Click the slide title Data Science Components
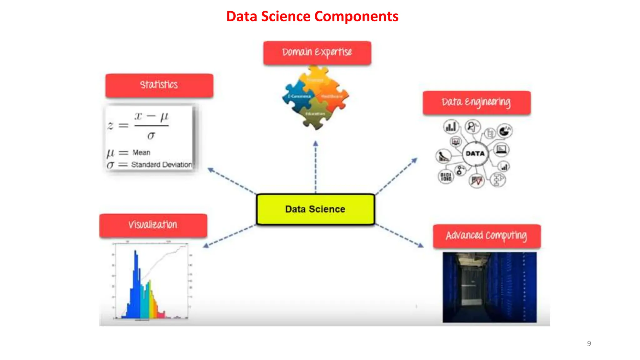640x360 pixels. tap(312, 16)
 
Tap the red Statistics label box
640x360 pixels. tap(159, 85)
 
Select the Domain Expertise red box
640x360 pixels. tap(317, 52)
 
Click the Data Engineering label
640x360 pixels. tap(477, 102)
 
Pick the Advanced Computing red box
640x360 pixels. tap(487, 236)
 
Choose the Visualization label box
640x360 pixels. tap(153, 225)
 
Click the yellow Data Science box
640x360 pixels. tap(315, 209)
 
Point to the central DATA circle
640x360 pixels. tap(475, 153)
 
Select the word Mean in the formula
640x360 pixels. tap(141, 152)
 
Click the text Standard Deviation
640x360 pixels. tap(161, 165)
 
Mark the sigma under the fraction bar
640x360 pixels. tap(151, 136)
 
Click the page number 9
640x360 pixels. tap(589, 343)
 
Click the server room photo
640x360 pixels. tap(489, 287)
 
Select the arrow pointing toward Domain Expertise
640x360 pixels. tap(316, 166)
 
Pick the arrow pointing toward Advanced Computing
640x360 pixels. tap(400, 236)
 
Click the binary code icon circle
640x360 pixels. tap(446, 177)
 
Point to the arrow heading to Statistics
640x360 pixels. tap(231, 181)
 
